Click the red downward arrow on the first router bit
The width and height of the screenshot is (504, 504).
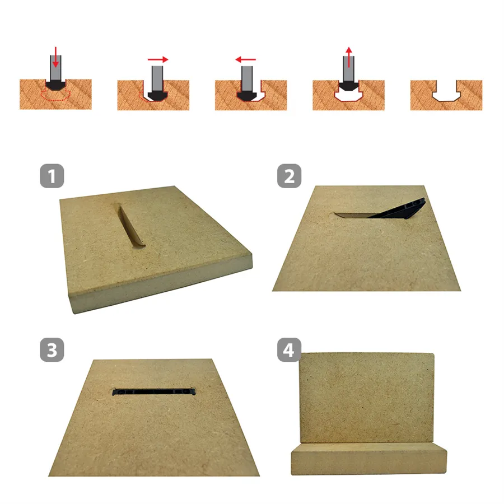[x=55, y=57]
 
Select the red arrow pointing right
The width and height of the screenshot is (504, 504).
[x=158, y=59]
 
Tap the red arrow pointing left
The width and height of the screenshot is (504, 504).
[x=246, y=59]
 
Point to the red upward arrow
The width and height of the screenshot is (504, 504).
[x=349, y=57]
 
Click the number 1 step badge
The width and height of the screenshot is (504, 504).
[x=52, y=176]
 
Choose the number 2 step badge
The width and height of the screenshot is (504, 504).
[x=290, y=176]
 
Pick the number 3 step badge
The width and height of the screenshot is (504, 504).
[x=52, y=349]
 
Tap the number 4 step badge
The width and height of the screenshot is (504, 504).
[x=290, y=349]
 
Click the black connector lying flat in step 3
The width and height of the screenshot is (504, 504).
[x=153, y=392]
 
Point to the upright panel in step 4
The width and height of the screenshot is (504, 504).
[x=367, y=398]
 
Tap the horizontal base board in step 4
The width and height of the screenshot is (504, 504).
[x=369, y=459]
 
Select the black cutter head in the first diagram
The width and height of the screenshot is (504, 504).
[x=55, y=85]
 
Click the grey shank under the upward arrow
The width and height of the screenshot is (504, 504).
[x=349, y=69]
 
